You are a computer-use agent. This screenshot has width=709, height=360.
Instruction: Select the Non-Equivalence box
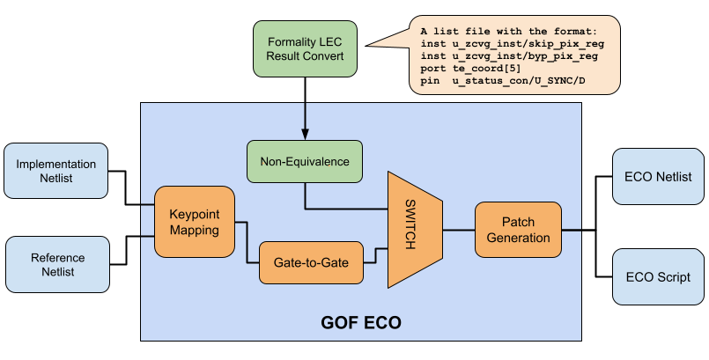click(x=305, y=162)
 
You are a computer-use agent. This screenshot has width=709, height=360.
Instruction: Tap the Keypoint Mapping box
click(x=194, y=222)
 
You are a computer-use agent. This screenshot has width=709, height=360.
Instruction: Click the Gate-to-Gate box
click(x=311, y=262)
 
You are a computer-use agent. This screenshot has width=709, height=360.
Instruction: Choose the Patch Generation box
click(x=518, y=230)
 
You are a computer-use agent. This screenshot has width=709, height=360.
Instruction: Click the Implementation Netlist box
click(x=56, y=171)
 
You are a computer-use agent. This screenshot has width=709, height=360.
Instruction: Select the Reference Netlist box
click(x=58, y=264)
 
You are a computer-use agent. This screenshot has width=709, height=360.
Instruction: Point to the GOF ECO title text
click(x=360, y=323)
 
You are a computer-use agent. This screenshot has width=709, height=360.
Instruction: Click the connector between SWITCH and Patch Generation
click(x=458, y=230)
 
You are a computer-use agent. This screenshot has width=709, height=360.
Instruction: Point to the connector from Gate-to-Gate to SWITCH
click(x=376, y=255)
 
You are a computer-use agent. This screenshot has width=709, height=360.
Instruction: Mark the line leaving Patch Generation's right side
click(x=572, y=230)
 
